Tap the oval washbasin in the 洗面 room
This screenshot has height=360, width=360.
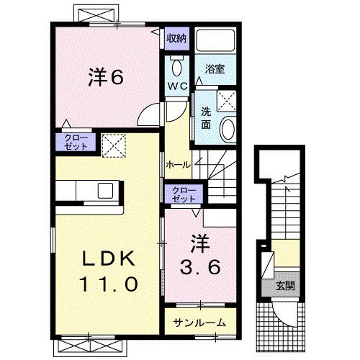pos(228,129)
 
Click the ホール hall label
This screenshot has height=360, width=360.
pos(178,164)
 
